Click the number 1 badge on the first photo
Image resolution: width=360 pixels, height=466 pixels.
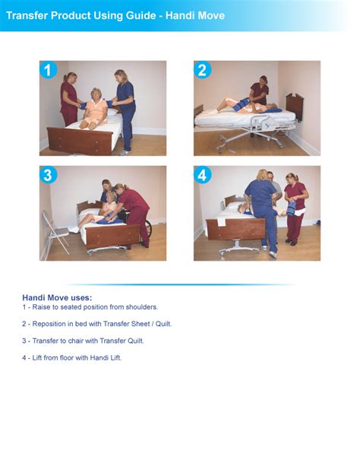(x=49, y=71)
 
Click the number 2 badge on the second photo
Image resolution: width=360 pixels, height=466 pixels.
(x=202, y=71)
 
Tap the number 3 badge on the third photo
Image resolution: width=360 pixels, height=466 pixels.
(x=49, y=176)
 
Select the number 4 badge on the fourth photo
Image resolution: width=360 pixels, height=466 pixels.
(x=202, y=176)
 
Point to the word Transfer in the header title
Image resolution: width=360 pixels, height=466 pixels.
(x=29, y=15)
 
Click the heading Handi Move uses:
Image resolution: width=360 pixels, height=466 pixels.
(x=57, y=297)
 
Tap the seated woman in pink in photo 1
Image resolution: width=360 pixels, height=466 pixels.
(x=96, y=110)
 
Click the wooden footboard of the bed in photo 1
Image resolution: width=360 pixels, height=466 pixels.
(x=81, y=140)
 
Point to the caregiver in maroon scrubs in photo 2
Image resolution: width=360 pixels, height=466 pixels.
(x=260, y=93)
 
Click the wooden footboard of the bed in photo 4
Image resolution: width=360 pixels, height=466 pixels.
(x=235, y=228)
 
